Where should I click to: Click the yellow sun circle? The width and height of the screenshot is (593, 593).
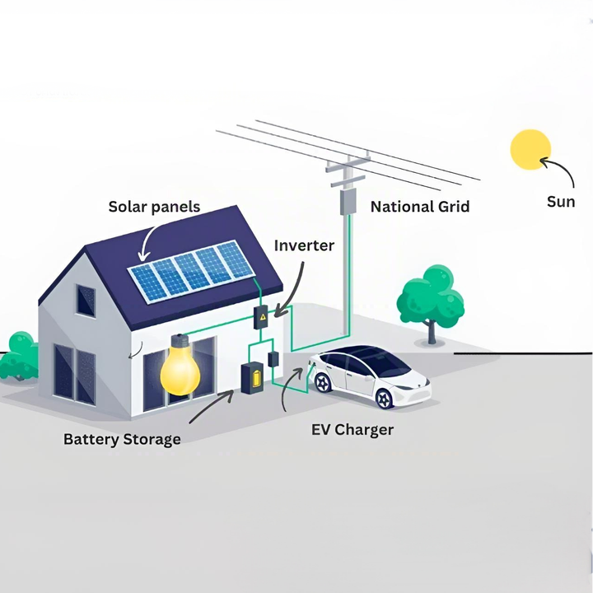coord(530,148)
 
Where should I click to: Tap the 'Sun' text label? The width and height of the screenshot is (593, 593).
coord(561,202)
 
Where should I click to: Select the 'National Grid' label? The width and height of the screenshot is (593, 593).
coord(420,207)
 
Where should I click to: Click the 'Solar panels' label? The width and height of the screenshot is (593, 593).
coord(154,206)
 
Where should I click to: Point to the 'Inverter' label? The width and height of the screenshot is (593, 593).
coord(304,245)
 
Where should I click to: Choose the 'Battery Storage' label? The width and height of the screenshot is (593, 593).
coord(122,439)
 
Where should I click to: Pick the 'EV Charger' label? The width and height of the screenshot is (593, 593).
coord(352,430)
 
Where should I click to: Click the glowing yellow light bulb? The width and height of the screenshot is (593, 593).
coord(180,367)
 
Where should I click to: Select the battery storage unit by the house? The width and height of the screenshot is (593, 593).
coord(251,379)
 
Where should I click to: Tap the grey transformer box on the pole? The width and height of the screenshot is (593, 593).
coord(348,201)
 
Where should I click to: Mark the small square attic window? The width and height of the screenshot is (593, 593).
coord(86,301)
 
